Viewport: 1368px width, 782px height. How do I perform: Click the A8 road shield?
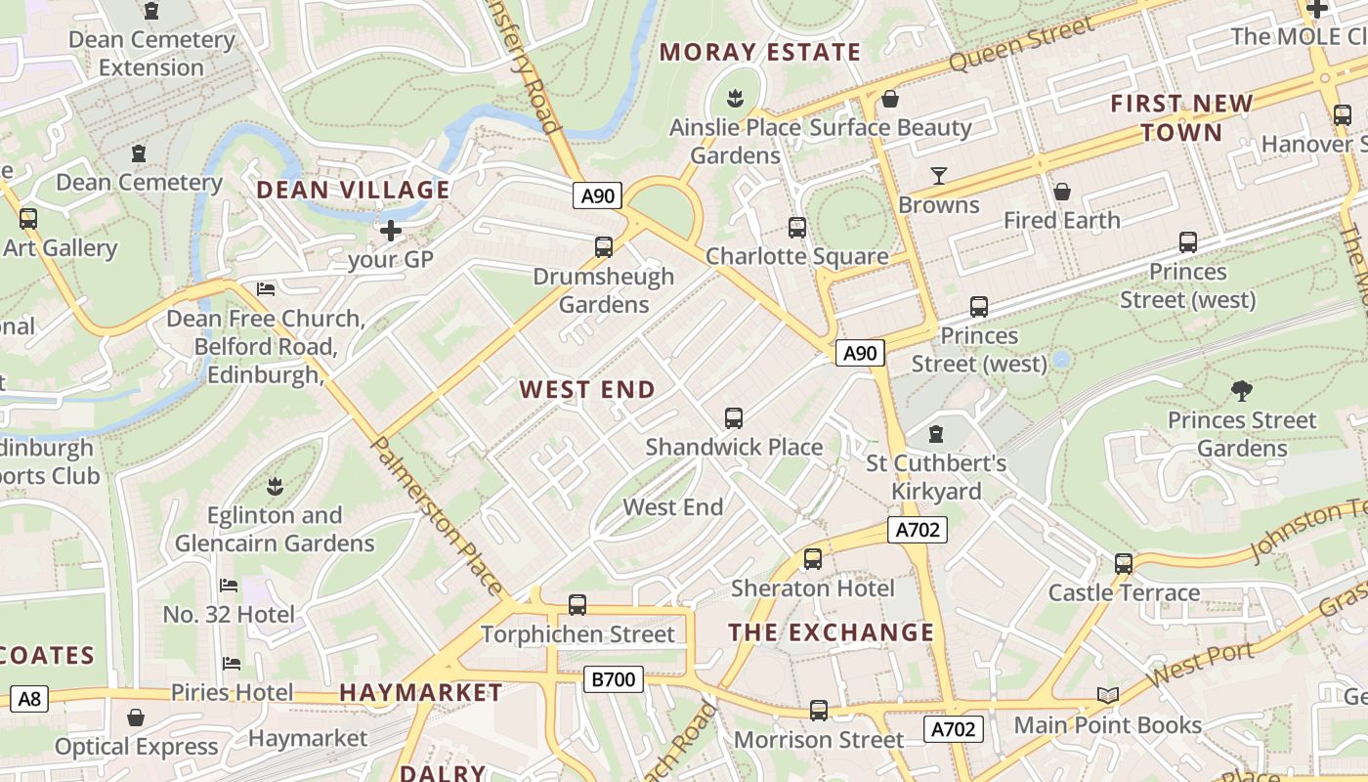[x=29, y=698]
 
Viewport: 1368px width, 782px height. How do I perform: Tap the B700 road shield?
[x=614, y=678]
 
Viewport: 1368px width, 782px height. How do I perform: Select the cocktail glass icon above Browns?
[x=938, y=176]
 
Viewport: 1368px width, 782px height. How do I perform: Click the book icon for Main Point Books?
[x=1107, y=695]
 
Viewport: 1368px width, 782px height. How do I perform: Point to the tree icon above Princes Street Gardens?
[x=1242, y=391]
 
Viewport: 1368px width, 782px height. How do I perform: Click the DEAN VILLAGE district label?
[x=353, y=190]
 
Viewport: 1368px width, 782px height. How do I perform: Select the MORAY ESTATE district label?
[x=760, y=52]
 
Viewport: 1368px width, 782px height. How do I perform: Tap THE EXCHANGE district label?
[x=832, y=632]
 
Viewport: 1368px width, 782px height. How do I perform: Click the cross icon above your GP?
[x=391, y=231]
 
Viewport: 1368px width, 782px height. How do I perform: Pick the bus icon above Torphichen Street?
[x=577, y=605]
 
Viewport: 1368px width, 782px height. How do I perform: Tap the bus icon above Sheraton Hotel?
[x=812, y=559]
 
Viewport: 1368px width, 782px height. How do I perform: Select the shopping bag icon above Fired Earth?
[x=1061, y=192]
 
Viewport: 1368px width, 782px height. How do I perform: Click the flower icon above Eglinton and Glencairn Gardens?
[x=275, y=486]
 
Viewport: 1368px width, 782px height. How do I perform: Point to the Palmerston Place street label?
[x=438, y=515]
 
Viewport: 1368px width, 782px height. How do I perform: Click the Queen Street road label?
[x=1021, y=44]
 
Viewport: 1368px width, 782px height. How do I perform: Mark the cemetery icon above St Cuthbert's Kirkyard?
[x=936, y=433]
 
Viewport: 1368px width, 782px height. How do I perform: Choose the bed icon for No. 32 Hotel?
[x=229, y=586]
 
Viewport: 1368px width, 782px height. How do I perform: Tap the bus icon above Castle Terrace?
[x=1124, y=563]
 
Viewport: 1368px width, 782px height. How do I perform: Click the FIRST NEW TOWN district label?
[x=1181, y=117]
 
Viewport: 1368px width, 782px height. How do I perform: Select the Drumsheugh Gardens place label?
[x=603, y=290]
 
